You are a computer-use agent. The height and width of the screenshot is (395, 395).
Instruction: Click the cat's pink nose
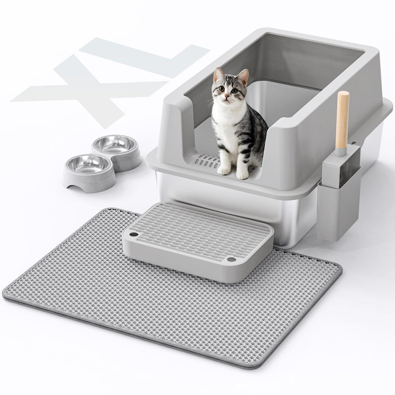click(x=228, y=96)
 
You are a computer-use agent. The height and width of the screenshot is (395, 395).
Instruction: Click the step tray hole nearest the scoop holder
click(x=231, y=260)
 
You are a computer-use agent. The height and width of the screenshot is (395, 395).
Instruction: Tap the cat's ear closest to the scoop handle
click(x=243, y=76)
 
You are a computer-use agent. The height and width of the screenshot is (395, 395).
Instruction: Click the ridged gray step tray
click(x=197, y=237)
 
